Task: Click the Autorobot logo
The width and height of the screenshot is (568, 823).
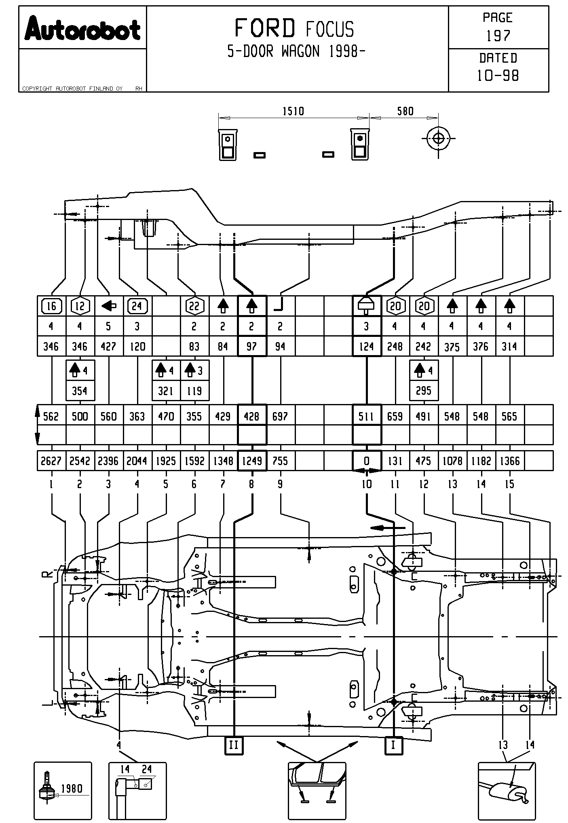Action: (x=82, y=28)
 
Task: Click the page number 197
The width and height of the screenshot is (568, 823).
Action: (x=498, y=36)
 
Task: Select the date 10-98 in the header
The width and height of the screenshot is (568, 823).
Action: (x=498, y=76)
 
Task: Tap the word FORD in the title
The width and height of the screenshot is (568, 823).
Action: (x=265, y=29)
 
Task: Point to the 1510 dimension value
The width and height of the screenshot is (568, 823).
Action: (x=293, y=111)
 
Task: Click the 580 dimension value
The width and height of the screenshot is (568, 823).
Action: (x=405, y=111)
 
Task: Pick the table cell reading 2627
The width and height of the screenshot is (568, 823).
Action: (x=51, y=461)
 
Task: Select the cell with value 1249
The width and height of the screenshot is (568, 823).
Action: (x=252, y=461)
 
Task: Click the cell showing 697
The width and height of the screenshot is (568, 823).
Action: (x=280, y=416)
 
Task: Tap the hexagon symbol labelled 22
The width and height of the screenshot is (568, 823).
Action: (x=194, y=306)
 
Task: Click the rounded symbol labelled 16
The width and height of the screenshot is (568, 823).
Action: (x=51, y=306)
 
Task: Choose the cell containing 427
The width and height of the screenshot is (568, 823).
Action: (x=108, y=347)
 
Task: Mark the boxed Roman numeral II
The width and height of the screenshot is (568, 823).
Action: (x=234, y=745)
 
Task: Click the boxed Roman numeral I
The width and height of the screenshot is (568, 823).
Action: (x=393, y=745)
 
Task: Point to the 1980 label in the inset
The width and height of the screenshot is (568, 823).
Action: (x=72, y=788)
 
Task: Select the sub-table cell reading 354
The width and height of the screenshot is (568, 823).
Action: (x=80, y=391)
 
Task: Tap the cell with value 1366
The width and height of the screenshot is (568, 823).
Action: (x=510, y=461)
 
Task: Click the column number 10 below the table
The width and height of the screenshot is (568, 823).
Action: (x=366, y=484)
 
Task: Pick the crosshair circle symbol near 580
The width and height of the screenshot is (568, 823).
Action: (x=438, y=138)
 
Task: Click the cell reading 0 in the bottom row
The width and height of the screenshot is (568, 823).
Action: (x=367, y=461)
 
